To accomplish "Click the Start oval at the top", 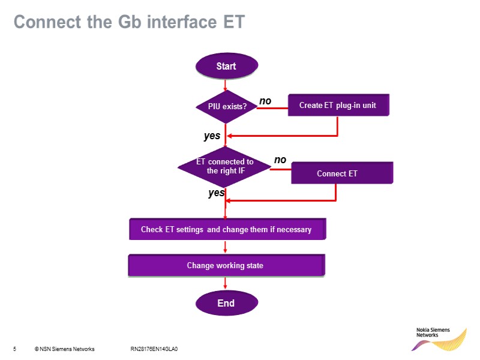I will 226,66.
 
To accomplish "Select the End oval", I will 226,303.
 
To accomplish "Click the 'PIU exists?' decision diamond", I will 226,106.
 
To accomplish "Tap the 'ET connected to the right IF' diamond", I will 225,166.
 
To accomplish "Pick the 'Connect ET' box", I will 341,173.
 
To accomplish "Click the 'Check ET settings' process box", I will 227,229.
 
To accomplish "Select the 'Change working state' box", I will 226,265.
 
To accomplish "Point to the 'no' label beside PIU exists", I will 265,101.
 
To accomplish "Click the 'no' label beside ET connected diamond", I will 280,160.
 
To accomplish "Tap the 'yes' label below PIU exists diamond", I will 212,136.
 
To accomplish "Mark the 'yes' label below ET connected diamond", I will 216,193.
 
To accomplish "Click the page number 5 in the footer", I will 14,349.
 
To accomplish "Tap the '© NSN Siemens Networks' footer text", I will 64,349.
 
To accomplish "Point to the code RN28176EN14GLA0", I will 154,349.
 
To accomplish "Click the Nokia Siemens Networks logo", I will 442,338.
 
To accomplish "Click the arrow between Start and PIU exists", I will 225,85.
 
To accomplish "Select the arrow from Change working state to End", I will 225,284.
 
